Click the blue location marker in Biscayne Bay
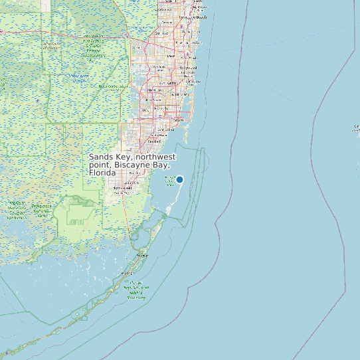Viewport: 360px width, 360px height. (x=179, y=179)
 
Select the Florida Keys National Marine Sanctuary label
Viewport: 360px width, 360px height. (x=137, y=290)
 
